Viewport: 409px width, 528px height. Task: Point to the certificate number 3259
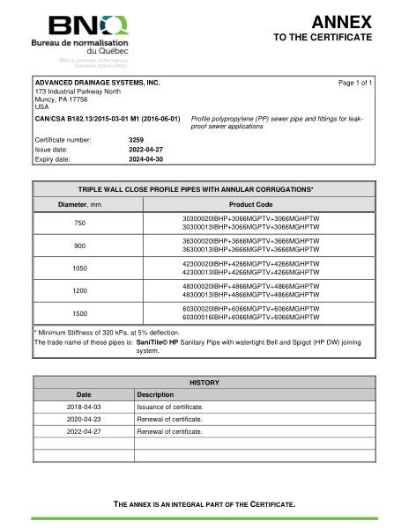click(x=136, y=139)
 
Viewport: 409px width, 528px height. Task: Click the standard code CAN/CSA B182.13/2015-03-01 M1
click(x=107, y=117)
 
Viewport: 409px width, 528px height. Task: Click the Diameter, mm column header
click(x=78, y=204)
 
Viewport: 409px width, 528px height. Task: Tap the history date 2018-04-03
click(x=84, y=407)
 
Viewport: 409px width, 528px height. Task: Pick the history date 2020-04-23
click(x=84, y=419)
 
